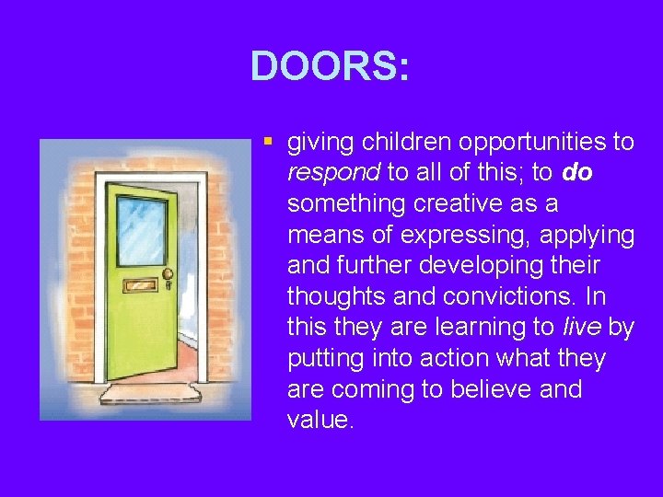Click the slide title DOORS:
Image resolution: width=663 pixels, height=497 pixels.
pos(330,65)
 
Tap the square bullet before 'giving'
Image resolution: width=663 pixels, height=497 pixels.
pos(267,143)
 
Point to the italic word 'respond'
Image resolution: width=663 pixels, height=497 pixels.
pos(333,173)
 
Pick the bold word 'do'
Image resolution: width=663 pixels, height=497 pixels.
pos(576,173)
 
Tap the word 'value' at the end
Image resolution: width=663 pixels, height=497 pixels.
pos(320,421)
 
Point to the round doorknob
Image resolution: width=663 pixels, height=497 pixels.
pos(168,274)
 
